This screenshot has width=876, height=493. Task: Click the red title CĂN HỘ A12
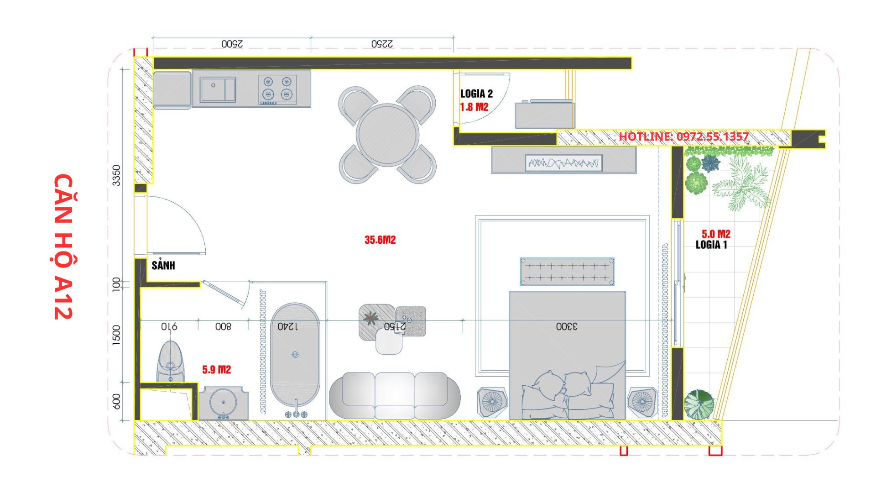point(63,246)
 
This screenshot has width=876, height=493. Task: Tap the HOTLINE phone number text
point(683,136)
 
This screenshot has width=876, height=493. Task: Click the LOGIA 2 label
point(476,94)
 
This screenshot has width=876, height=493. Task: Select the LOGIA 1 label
point(711,245)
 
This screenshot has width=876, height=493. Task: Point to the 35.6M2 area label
point(380,240)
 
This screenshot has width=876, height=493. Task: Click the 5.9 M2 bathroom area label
point(217,370)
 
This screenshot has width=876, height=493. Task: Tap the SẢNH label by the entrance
point(163,265)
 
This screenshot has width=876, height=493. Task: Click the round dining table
point(388,135)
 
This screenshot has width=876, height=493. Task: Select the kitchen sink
point(218,89)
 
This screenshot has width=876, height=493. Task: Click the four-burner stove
point(277,89)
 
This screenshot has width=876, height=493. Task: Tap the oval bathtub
point(295,354)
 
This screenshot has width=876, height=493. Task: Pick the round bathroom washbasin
point(223,403)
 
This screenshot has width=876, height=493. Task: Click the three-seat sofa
point(395,395)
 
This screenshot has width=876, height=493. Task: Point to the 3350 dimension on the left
point(116,175)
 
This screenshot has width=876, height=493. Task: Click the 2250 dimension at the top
point(382,44)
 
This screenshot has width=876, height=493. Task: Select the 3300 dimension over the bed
point(567,326)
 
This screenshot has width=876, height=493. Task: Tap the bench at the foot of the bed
point(567,272)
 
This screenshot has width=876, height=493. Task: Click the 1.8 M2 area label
point(474,107)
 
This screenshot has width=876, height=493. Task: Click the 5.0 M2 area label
point(716,234)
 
